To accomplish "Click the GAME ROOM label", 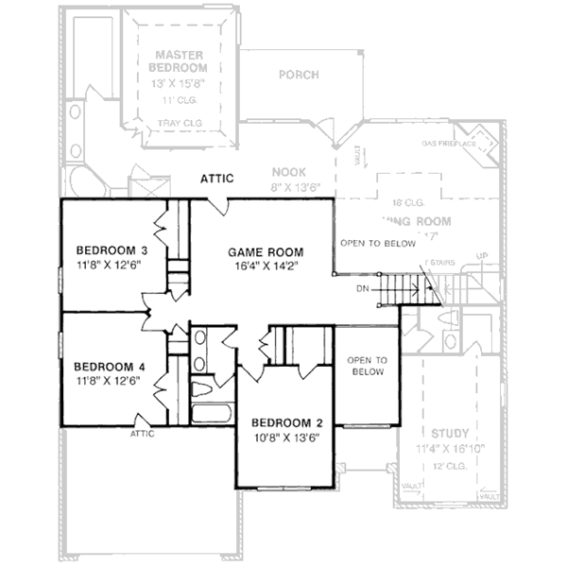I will coord(266,252).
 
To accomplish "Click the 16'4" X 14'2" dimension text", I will coord(266,266).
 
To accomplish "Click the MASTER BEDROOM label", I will coord(181,62).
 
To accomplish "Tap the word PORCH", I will coord(299,75).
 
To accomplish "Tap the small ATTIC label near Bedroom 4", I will coord(142,434).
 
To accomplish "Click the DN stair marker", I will coord(363,287).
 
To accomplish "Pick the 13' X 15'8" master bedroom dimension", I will coord(181,83).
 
